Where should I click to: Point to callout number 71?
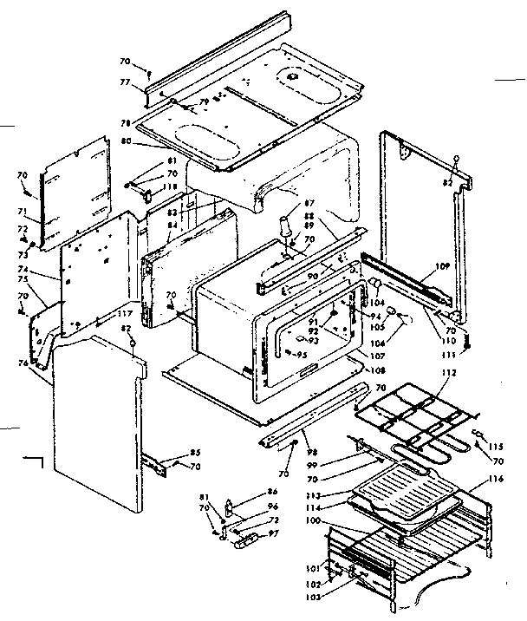23,211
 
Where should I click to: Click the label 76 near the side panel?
23,363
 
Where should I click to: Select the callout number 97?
273,532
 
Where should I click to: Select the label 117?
125,314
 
